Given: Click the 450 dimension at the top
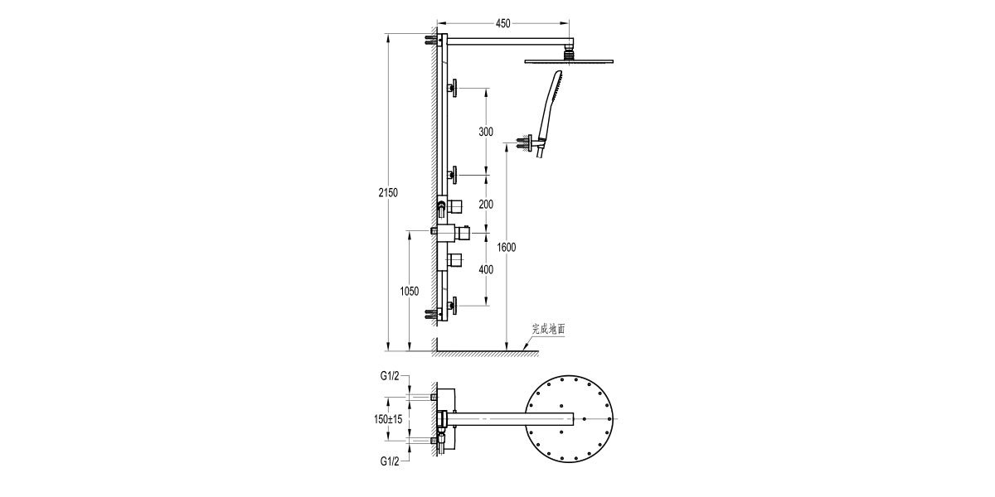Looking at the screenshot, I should point(503,23).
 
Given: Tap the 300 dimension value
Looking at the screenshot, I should point(486,132).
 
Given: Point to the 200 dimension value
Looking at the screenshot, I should point(486,204).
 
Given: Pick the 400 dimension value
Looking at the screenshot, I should point(486,269).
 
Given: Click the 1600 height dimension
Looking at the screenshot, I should point(507,247).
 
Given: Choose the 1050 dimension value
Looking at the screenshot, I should point(409,291).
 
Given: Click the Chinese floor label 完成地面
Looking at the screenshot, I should point(549,329).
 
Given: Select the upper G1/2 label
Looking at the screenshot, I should point(391,376).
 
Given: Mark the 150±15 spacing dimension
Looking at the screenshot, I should point(387,420).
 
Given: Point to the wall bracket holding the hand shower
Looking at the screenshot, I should point(526,142).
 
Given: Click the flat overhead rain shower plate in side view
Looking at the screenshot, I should point(570,60).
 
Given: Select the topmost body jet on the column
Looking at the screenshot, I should point(453,88).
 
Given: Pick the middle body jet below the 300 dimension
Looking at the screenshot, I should point(453,175).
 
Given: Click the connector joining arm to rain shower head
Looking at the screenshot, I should point(570,52).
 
